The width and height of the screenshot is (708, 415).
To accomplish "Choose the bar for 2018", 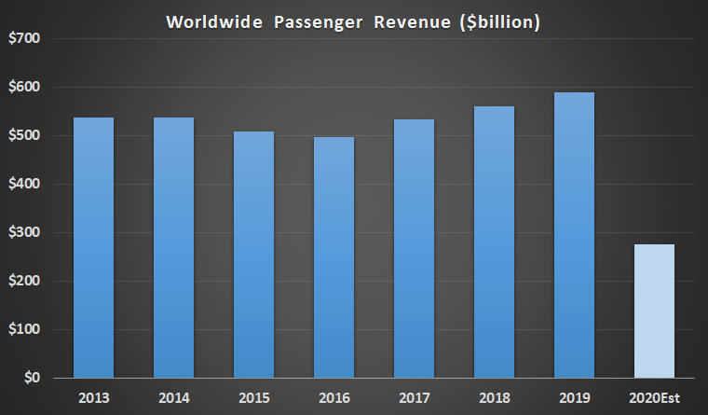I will point(494,242).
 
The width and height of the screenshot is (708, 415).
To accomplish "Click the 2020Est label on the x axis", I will point(654,398).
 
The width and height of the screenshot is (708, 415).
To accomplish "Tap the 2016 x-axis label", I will point(334,398).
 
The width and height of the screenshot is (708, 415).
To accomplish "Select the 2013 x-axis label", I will point(94,398).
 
